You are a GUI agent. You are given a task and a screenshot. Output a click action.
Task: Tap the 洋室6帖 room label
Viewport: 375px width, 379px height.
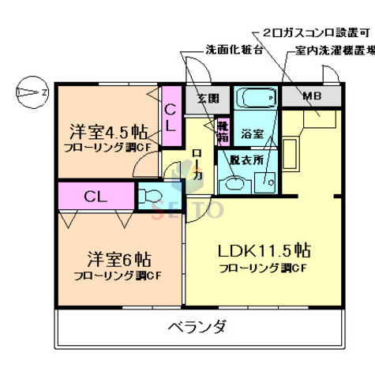118,259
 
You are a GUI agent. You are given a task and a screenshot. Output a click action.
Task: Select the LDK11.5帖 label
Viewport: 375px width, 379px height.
264,251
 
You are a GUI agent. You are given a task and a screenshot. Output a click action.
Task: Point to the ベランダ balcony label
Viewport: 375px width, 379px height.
197,326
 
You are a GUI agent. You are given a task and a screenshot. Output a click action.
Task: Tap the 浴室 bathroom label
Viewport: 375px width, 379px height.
253,134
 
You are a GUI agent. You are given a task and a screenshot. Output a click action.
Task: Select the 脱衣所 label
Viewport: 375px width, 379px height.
244,158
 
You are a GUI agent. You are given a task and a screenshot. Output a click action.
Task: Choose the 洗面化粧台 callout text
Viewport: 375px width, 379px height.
234,50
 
